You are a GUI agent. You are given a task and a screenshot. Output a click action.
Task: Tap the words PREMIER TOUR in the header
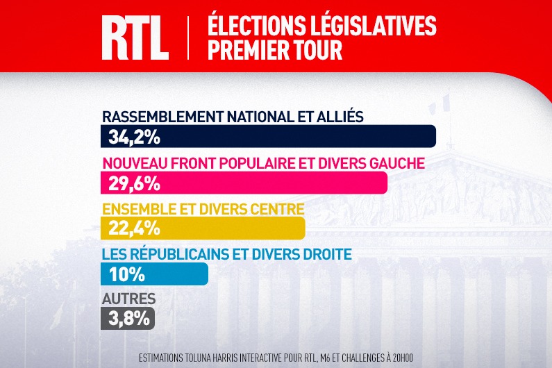274,50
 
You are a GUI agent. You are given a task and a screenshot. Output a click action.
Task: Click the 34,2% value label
134,137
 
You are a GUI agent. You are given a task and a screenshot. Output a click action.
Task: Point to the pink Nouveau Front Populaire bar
278,183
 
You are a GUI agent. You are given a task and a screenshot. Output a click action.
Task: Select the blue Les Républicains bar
181,274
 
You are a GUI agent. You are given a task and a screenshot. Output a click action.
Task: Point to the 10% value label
126,274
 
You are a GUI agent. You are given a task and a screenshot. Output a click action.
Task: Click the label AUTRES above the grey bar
128,299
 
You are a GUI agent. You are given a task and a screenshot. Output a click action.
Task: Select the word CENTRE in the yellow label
277,209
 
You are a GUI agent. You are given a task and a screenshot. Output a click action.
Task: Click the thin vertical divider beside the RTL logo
188,37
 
